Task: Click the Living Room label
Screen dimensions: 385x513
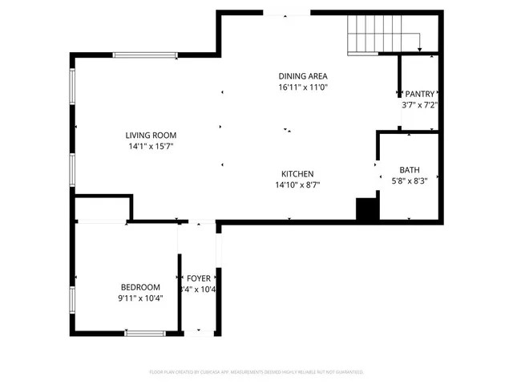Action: (150, 136)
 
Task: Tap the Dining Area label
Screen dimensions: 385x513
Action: (303, 75)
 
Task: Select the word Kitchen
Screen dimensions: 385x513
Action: (297, 174)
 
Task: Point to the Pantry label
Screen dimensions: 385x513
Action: (419, 94)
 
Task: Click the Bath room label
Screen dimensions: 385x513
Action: (409, 170)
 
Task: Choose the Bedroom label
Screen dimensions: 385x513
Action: (140, 287)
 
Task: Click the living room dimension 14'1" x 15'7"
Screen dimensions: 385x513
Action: (150, 147)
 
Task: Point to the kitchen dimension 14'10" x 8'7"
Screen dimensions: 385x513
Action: (297, 185)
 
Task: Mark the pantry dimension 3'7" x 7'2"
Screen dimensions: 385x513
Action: (419, 105)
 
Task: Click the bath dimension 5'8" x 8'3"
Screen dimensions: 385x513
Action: (409, 181)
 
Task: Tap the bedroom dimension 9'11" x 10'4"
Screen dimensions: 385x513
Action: (140, 298)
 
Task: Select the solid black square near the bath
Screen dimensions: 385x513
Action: (367, 209)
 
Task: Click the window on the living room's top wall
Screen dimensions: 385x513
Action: (145, 55)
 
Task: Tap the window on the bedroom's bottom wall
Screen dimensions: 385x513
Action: (145, 333)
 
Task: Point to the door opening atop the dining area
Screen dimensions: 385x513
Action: (286, 14)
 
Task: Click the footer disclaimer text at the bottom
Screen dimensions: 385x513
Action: (256, 372)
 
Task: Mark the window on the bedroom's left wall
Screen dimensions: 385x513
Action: (73, 299)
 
